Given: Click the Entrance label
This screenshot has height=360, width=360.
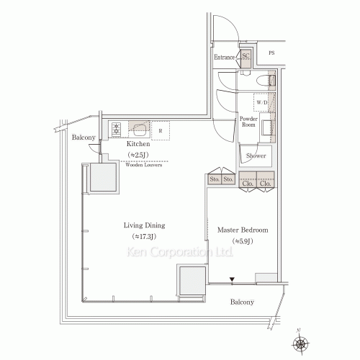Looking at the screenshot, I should [225, 57].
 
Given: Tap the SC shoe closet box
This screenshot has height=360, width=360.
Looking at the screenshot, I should [246, 56].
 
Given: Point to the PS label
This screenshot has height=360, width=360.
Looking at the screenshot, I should [271, 53].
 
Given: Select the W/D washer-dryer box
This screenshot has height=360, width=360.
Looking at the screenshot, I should [261, 102].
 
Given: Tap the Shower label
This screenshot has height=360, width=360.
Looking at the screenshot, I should [256, 156].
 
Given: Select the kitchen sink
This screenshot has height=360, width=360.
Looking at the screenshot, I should [138, 129].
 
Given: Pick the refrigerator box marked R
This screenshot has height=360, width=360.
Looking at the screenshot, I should [160, 131].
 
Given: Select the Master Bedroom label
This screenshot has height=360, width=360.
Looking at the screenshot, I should [243, 230].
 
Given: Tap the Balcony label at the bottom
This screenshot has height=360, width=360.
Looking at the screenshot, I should [242, 302].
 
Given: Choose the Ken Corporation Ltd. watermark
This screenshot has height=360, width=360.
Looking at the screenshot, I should [179, 253].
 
